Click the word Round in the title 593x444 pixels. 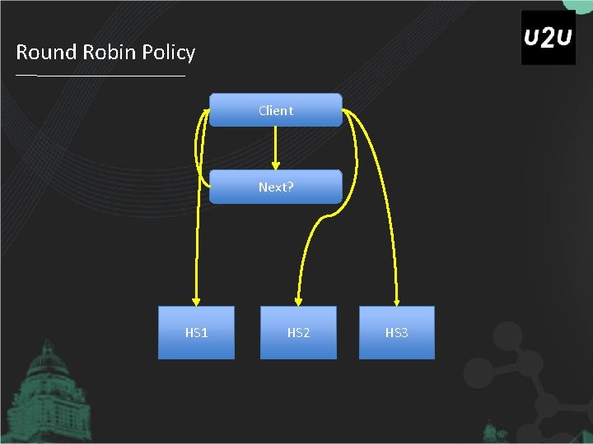click(x=45, y=53)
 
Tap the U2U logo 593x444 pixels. click(x=549, y=38)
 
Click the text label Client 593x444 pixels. click(x=275, y=110)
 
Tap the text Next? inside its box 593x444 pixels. click(x=275, y=187)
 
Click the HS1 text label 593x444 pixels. click(x=196, y=332)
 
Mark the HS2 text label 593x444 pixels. click(x=298, y=332)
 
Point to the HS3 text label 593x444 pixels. click(x=396, y=332)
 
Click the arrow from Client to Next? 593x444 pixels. click(x=275, y=148)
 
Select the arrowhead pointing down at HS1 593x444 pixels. click(x=196, y=300)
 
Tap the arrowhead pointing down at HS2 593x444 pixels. click(x=298, y=300)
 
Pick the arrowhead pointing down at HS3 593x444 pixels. click(x=396, y=300)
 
